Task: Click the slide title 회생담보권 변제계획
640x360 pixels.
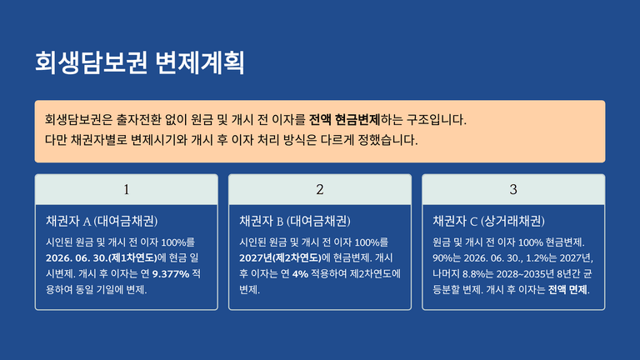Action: point(140,62)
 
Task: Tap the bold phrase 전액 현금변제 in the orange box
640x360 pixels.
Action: point(344,120)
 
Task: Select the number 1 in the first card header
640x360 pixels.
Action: point(127,189)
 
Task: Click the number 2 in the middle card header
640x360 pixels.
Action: point(320,189)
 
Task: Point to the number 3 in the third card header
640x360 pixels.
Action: point(513,189)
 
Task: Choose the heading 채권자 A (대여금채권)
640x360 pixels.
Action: point(102,221)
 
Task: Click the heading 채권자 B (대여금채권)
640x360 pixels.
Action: point(295,221)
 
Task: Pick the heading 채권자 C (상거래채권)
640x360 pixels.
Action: point(488,221)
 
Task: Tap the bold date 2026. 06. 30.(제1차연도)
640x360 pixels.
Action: point(101,258)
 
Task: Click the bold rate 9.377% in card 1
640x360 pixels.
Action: point(171,274)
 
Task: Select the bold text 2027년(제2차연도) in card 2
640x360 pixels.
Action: point(280,258)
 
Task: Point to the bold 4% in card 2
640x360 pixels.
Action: point(300,274)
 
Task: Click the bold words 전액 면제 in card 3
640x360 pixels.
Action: point(567,290)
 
